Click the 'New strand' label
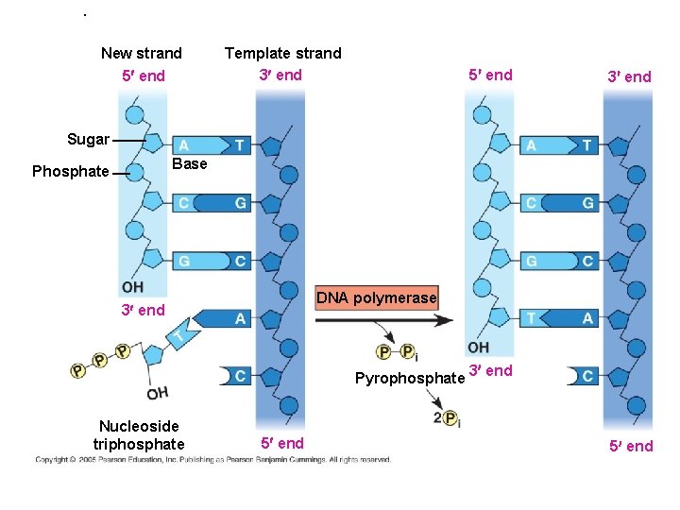pos(142,53)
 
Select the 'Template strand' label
pos(282,53)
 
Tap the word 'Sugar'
pos(88,140)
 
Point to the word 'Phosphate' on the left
pos(70,171)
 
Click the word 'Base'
pos(190,163)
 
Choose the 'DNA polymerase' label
pos(377,298)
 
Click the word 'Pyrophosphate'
pos(410,379)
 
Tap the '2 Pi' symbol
pos(447,417)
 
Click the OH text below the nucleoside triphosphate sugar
pos(158,393)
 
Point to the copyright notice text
pos(212,460)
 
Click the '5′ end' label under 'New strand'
pos(143,76)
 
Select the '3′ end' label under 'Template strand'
pos(280,75)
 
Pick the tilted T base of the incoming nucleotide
pos(178,334)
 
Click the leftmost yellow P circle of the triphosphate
pos(77,371)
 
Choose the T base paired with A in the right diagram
pos(535,319)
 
